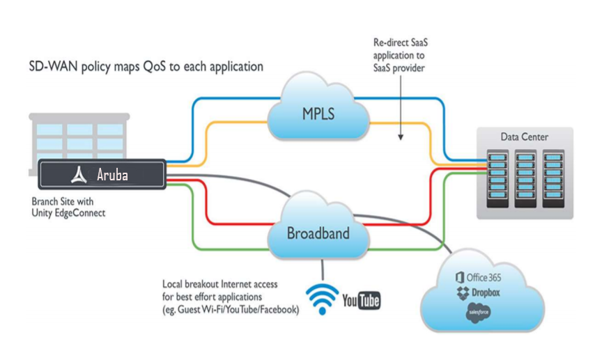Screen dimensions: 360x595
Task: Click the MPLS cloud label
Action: (x=318, y=113)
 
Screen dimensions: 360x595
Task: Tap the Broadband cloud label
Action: (x=318, y=233)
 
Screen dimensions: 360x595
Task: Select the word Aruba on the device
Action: (x=112, y=175)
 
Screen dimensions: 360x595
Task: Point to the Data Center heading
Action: (x=524, y=137)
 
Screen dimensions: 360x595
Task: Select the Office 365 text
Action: (x=484, y=277)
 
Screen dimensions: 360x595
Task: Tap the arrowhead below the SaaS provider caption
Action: (x=401, y=137)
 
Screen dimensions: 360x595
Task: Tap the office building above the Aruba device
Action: (x=79, y=136)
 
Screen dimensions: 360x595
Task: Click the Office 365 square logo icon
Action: (x=459, y=277)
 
